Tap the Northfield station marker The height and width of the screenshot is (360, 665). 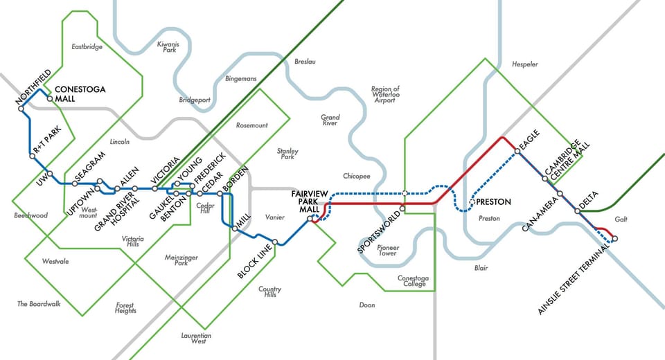click(x=21, y=108)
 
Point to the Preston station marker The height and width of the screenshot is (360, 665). click(x=472, y=202)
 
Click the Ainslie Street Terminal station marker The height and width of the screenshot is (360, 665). click(x=614, y=239)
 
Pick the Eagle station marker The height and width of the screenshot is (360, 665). click(x=517, y=151)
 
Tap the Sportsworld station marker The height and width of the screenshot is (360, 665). click(x=402, y=208)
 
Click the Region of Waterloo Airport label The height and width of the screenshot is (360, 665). click(x=386, y=94)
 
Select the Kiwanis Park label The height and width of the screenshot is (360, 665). click(x=168, y=47)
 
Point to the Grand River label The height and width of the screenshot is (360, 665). click(x=330, y=120)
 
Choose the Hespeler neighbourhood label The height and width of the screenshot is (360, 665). click(x=524, y=64)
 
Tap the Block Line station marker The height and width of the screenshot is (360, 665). click(x=275, y=242)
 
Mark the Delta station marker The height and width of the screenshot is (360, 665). click(x=577, y=210)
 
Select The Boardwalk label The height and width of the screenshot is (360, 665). click(x=39, y=304)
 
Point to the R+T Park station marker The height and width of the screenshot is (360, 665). click(x=32, y=156)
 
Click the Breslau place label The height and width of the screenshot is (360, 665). click(x=305, y=62)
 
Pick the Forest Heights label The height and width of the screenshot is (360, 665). click(x=125, y=307)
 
